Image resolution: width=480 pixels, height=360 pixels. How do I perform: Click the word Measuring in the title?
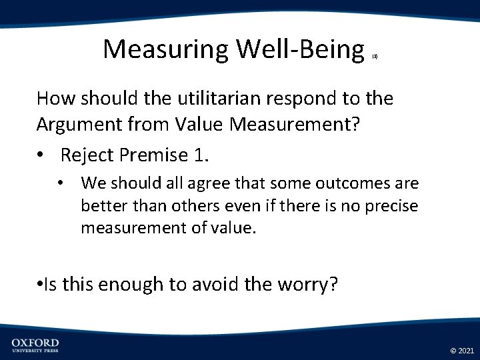tap(165, 49)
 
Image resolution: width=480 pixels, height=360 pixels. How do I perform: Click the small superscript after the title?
tap(375, 57)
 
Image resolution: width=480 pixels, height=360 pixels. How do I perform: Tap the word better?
tap(103, 206)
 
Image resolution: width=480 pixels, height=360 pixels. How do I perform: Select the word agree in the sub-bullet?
tap(178, 183)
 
